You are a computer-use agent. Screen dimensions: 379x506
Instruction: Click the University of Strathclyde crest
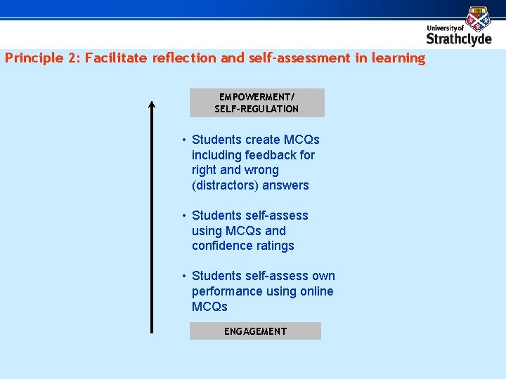(x=479, y=18)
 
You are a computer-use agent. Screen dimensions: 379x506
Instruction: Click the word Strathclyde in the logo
(x=458, y=39)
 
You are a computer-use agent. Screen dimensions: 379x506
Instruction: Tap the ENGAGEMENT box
(x=255, y=331)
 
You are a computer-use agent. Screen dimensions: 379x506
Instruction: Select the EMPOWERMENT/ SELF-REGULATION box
(x=257, y=102)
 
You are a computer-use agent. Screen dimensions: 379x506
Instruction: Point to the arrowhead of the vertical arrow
(x=151, y=105)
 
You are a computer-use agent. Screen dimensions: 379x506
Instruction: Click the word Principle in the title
(x=34, y=58)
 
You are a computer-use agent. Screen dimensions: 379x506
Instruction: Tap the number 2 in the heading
(x=73, y=58)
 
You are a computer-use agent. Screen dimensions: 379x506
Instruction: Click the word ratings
(x=278, y=246)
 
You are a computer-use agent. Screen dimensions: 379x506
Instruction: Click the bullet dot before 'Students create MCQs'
(x=183, y=140)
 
